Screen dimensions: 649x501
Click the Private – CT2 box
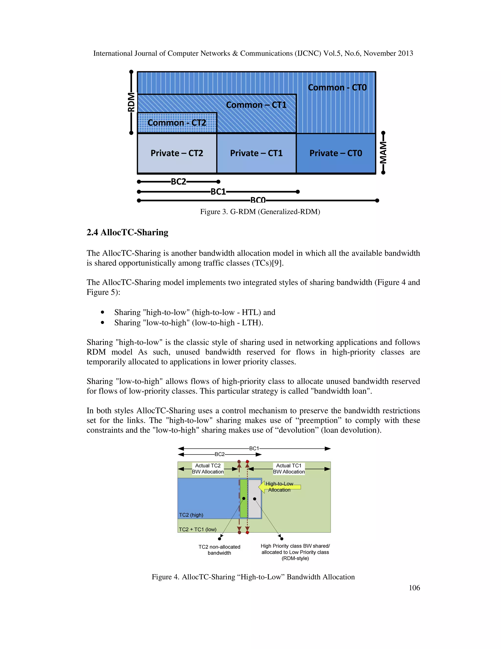coord(177,153)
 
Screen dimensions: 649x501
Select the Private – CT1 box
coord(256,153)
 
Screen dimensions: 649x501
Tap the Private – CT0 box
coord(336,153)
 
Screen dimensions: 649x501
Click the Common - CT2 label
coord(177,123)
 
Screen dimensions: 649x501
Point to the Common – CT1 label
coord(256,105)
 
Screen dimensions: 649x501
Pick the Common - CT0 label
coord(337,88)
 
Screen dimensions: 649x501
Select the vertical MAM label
coord(383,152)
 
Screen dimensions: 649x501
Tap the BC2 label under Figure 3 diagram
coord(178,181)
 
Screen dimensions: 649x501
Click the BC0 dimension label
coord(258,200)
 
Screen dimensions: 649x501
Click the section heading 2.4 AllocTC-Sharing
coord(127,232)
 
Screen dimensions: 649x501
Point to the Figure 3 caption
coord(260,212)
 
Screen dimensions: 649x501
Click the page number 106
coord(414,588)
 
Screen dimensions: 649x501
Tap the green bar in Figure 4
coord(244,498)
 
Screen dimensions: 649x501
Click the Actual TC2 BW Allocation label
coord(208,469)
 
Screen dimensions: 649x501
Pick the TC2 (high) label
coord(191,515)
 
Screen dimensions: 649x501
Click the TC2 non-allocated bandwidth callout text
coord(219,550)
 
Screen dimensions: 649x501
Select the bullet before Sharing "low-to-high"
coord(103,323)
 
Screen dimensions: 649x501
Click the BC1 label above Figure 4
coord(254,448)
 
